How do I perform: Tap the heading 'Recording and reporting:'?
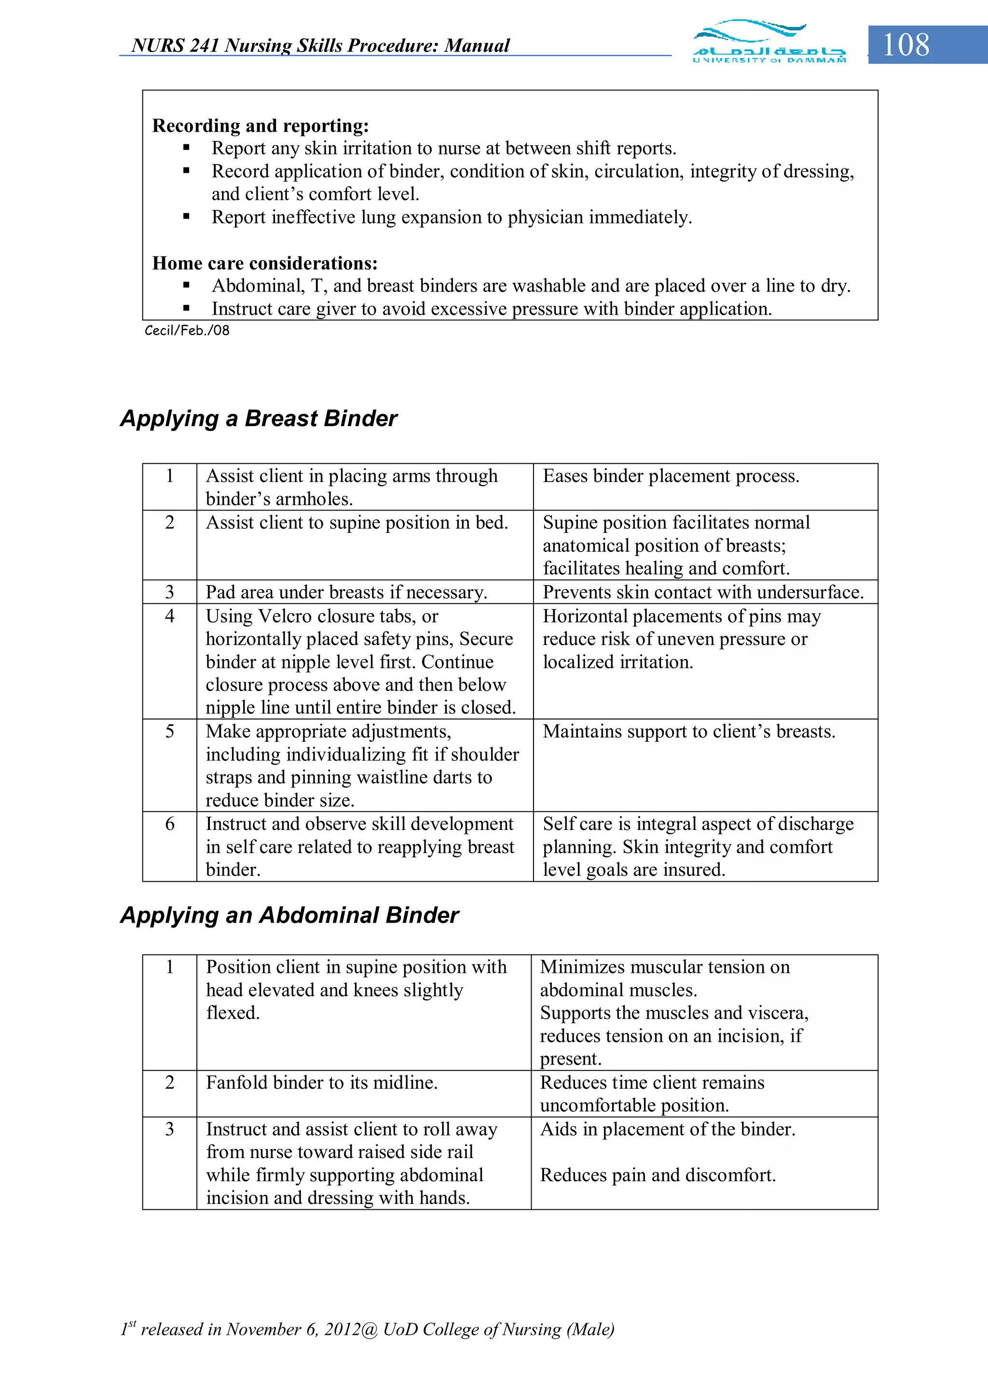coord(261,125)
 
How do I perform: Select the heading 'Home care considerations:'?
coord(265,263)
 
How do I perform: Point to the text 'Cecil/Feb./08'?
coord(187,331)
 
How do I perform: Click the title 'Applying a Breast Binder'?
coord(259,419)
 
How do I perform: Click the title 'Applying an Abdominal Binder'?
coord(289,915)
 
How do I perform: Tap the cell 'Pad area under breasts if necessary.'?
coord(346,593)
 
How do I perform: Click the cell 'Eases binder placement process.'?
coord(671,476)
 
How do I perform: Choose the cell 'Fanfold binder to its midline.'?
coord(321,1082)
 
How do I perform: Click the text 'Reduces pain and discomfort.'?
coord(658,1175)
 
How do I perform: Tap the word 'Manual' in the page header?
coord(477,46)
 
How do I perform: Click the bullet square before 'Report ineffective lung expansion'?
coord(186,217)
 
